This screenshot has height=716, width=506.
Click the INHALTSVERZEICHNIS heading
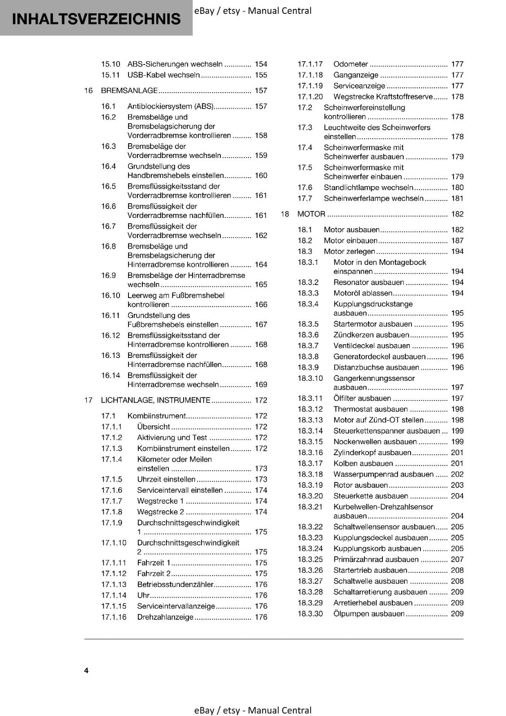pos(96,19)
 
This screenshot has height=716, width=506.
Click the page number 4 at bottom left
pos(86,670)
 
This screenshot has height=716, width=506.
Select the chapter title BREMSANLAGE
pos(129,90)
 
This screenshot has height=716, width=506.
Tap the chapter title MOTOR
pos(311,214)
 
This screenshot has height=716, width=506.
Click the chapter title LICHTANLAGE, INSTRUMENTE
pos(155,400)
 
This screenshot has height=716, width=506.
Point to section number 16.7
pos(108,226)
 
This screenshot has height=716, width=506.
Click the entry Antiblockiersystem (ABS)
pos(170,106)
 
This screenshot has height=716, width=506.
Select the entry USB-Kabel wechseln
pos(163,75)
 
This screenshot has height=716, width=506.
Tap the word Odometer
pos(351,64)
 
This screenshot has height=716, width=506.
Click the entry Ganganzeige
pos(356,75)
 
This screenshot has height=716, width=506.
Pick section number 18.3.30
pos(310,614)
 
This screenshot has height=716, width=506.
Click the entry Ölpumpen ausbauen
pos(369,614)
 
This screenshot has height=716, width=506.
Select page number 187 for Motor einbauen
pos(457,240)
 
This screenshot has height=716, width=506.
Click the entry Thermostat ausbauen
pos(370,409)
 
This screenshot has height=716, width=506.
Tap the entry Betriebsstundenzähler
pos(175,584)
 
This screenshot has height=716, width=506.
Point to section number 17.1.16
pos(114,617)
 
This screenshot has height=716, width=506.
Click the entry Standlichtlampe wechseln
pos(368,188)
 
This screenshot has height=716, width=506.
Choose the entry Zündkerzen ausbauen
pos(371,335)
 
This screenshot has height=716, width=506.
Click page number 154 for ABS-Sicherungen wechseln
pos(261,64)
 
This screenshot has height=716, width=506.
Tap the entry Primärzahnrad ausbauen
pos(376,559)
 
